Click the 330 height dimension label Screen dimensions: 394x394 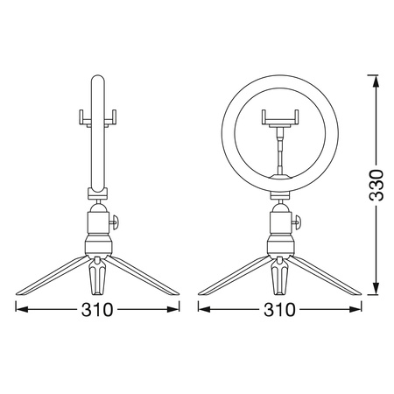(x=376, y=185)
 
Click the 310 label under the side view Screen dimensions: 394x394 (x=97, y=310)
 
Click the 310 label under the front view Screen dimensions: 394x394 (x=279, y=310)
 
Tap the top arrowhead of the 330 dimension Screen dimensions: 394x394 (x=376, y=81)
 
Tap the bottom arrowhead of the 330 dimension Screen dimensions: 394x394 (x=376, y=289)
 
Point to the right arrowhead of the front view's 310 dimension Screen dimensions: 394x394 (x=355, y=309)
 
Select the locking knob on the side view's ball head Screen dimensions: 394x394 (x=115, y=222)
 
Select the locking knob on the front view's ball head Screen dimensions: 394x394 (x=297, y=222)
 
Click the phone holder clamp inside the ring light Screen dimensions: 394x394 (x=280, y=118)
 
